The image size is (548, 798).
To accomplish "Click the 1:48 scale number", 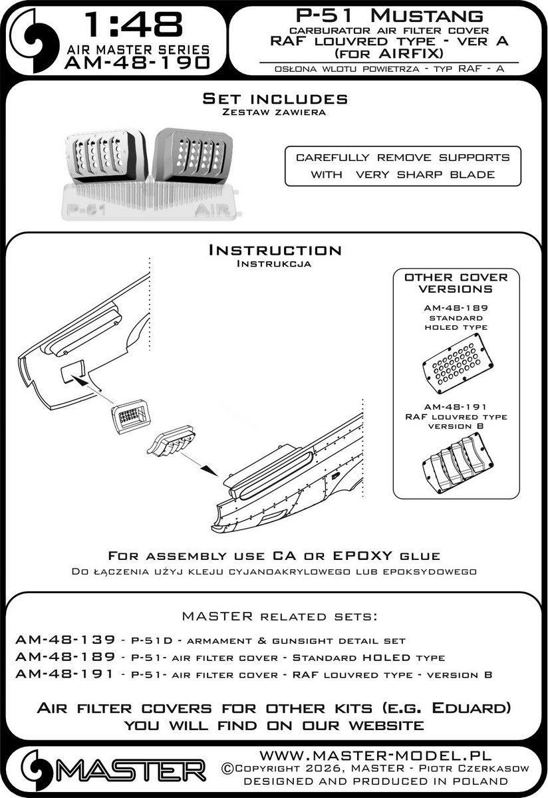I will (126, 25).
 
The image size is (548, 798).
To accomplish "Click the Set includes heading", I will (275, 98).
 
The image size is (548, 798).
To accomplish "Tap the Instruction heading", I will (275, 250).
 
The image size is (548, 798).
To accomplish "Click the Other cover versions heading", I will (456, 283).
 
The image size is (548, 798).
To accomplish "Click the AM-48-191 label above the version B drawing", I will (456, 407).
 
